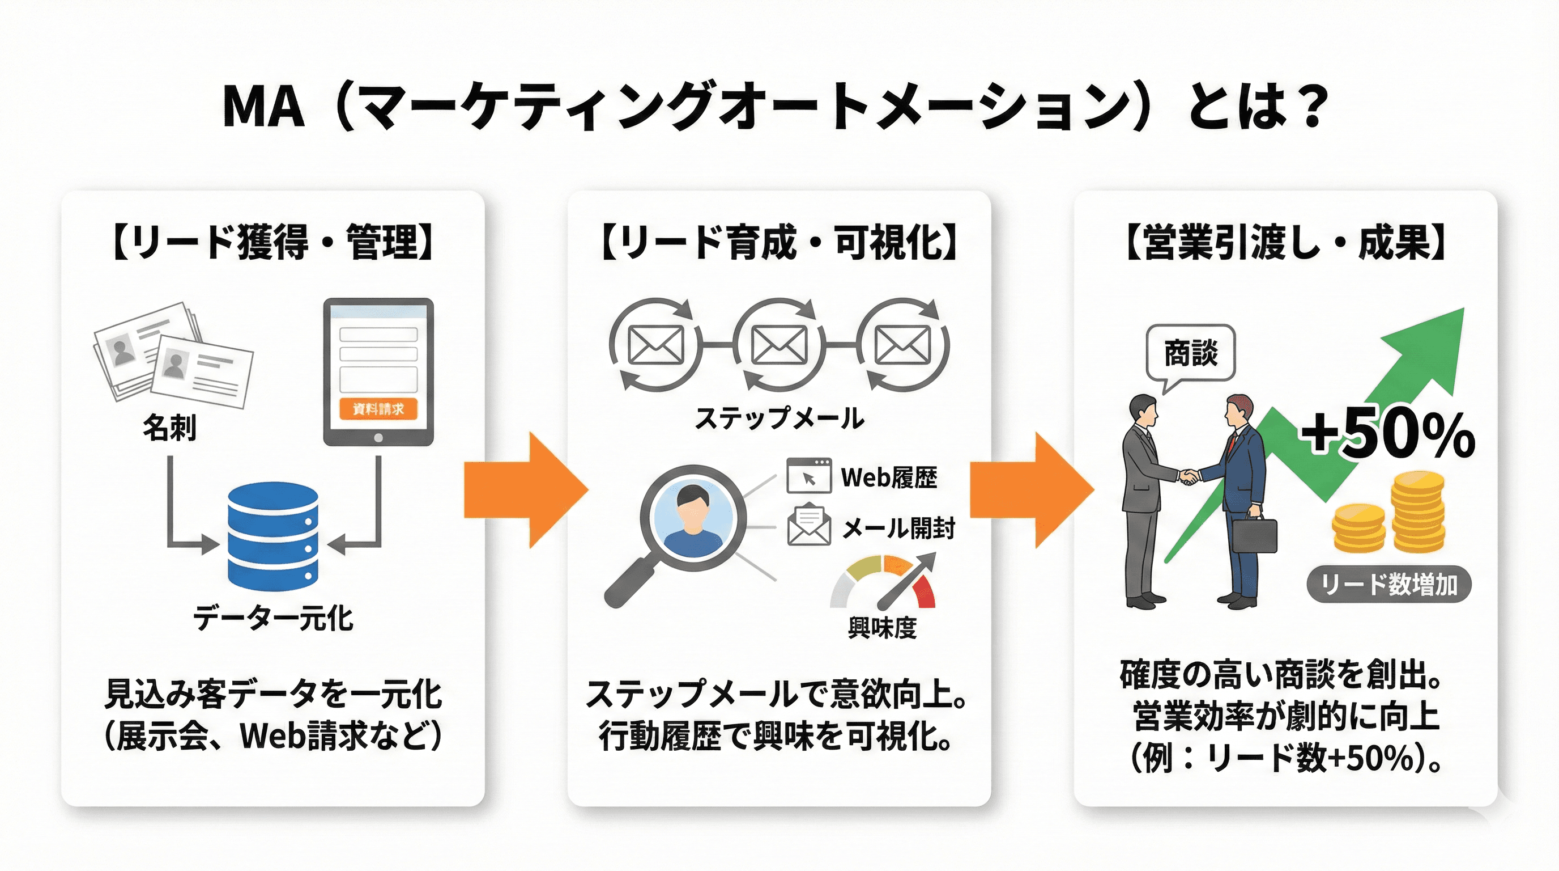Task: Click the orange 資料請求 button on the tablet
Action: click(378, 409)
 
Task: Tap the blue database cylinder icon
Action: click(273, 536)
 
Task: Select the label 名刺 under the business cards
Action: click(169, 428)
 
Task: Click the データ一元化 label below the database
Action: click(273, 619)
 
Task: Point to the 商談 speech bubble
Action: click(1190, 353)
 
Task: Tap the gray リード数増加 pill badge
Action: click(1388, 585)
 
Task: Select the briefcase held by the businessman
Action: click(1255, 535)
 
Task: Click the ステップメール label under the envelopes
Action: click(779, 418)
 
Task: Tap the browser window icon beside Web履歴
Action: click(808, 477)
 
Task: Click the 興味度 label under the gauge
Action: click(882, 628)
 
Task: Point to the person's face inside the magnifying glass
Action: click(693, 512)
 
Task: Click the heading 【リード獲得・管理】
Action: click(273, 242)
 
